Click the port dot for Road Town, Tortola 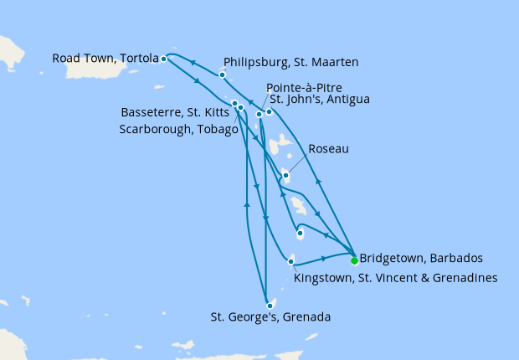pos(163,59)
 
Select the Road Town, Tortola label pos(105,59)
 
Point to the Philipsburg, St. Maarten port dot pos(222,75)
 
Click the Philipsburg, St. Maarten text pos(291,62)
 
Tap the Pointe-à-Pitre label pos(302,87)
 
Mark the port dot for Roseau pos(285,175)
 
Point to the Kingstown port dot pos(290,262)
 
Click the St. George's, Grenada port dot pos(269,306)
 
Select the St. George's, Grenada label pos(270,317)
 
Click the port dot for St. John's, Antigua pos(269,111)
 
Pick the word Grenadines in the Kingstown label pos(465,277)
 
